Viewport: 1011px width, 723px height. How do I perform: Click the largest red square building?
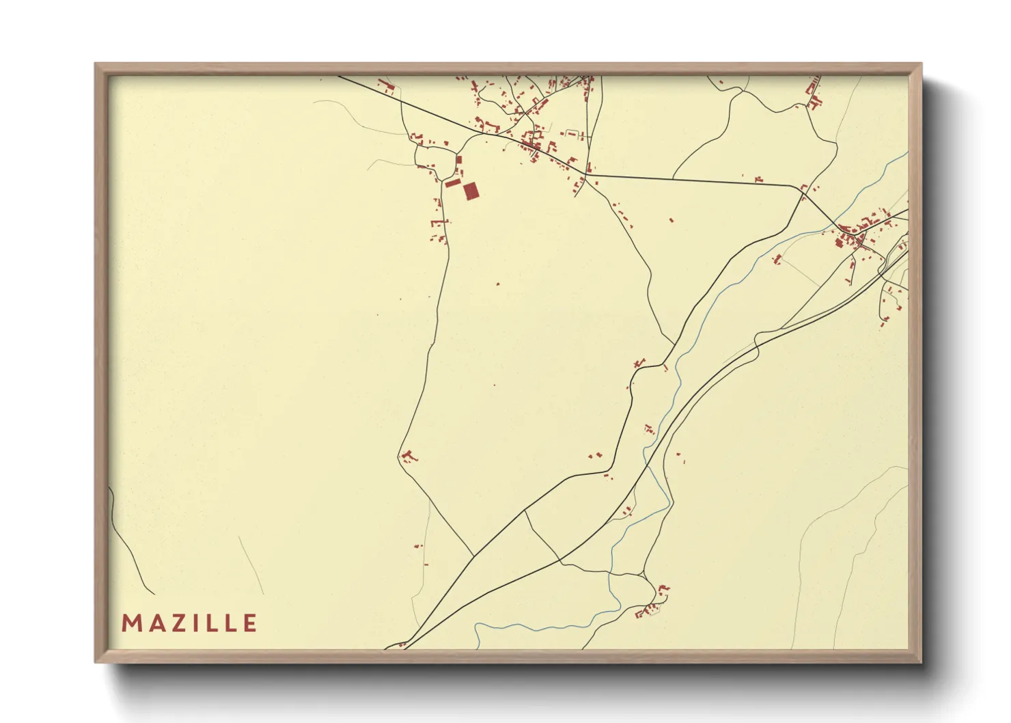[470, 191]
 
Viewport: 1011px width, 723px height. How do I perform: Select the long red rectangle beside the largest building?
[453, 182]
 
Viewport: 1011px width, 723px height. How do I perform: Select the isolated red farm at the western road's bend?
[408, 456]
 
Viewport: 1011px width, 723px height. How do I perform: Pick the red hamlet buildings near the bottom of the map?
[652, 605]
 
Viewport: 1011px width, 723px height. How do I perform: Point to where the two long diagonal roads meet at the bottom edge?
[403, 644]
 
